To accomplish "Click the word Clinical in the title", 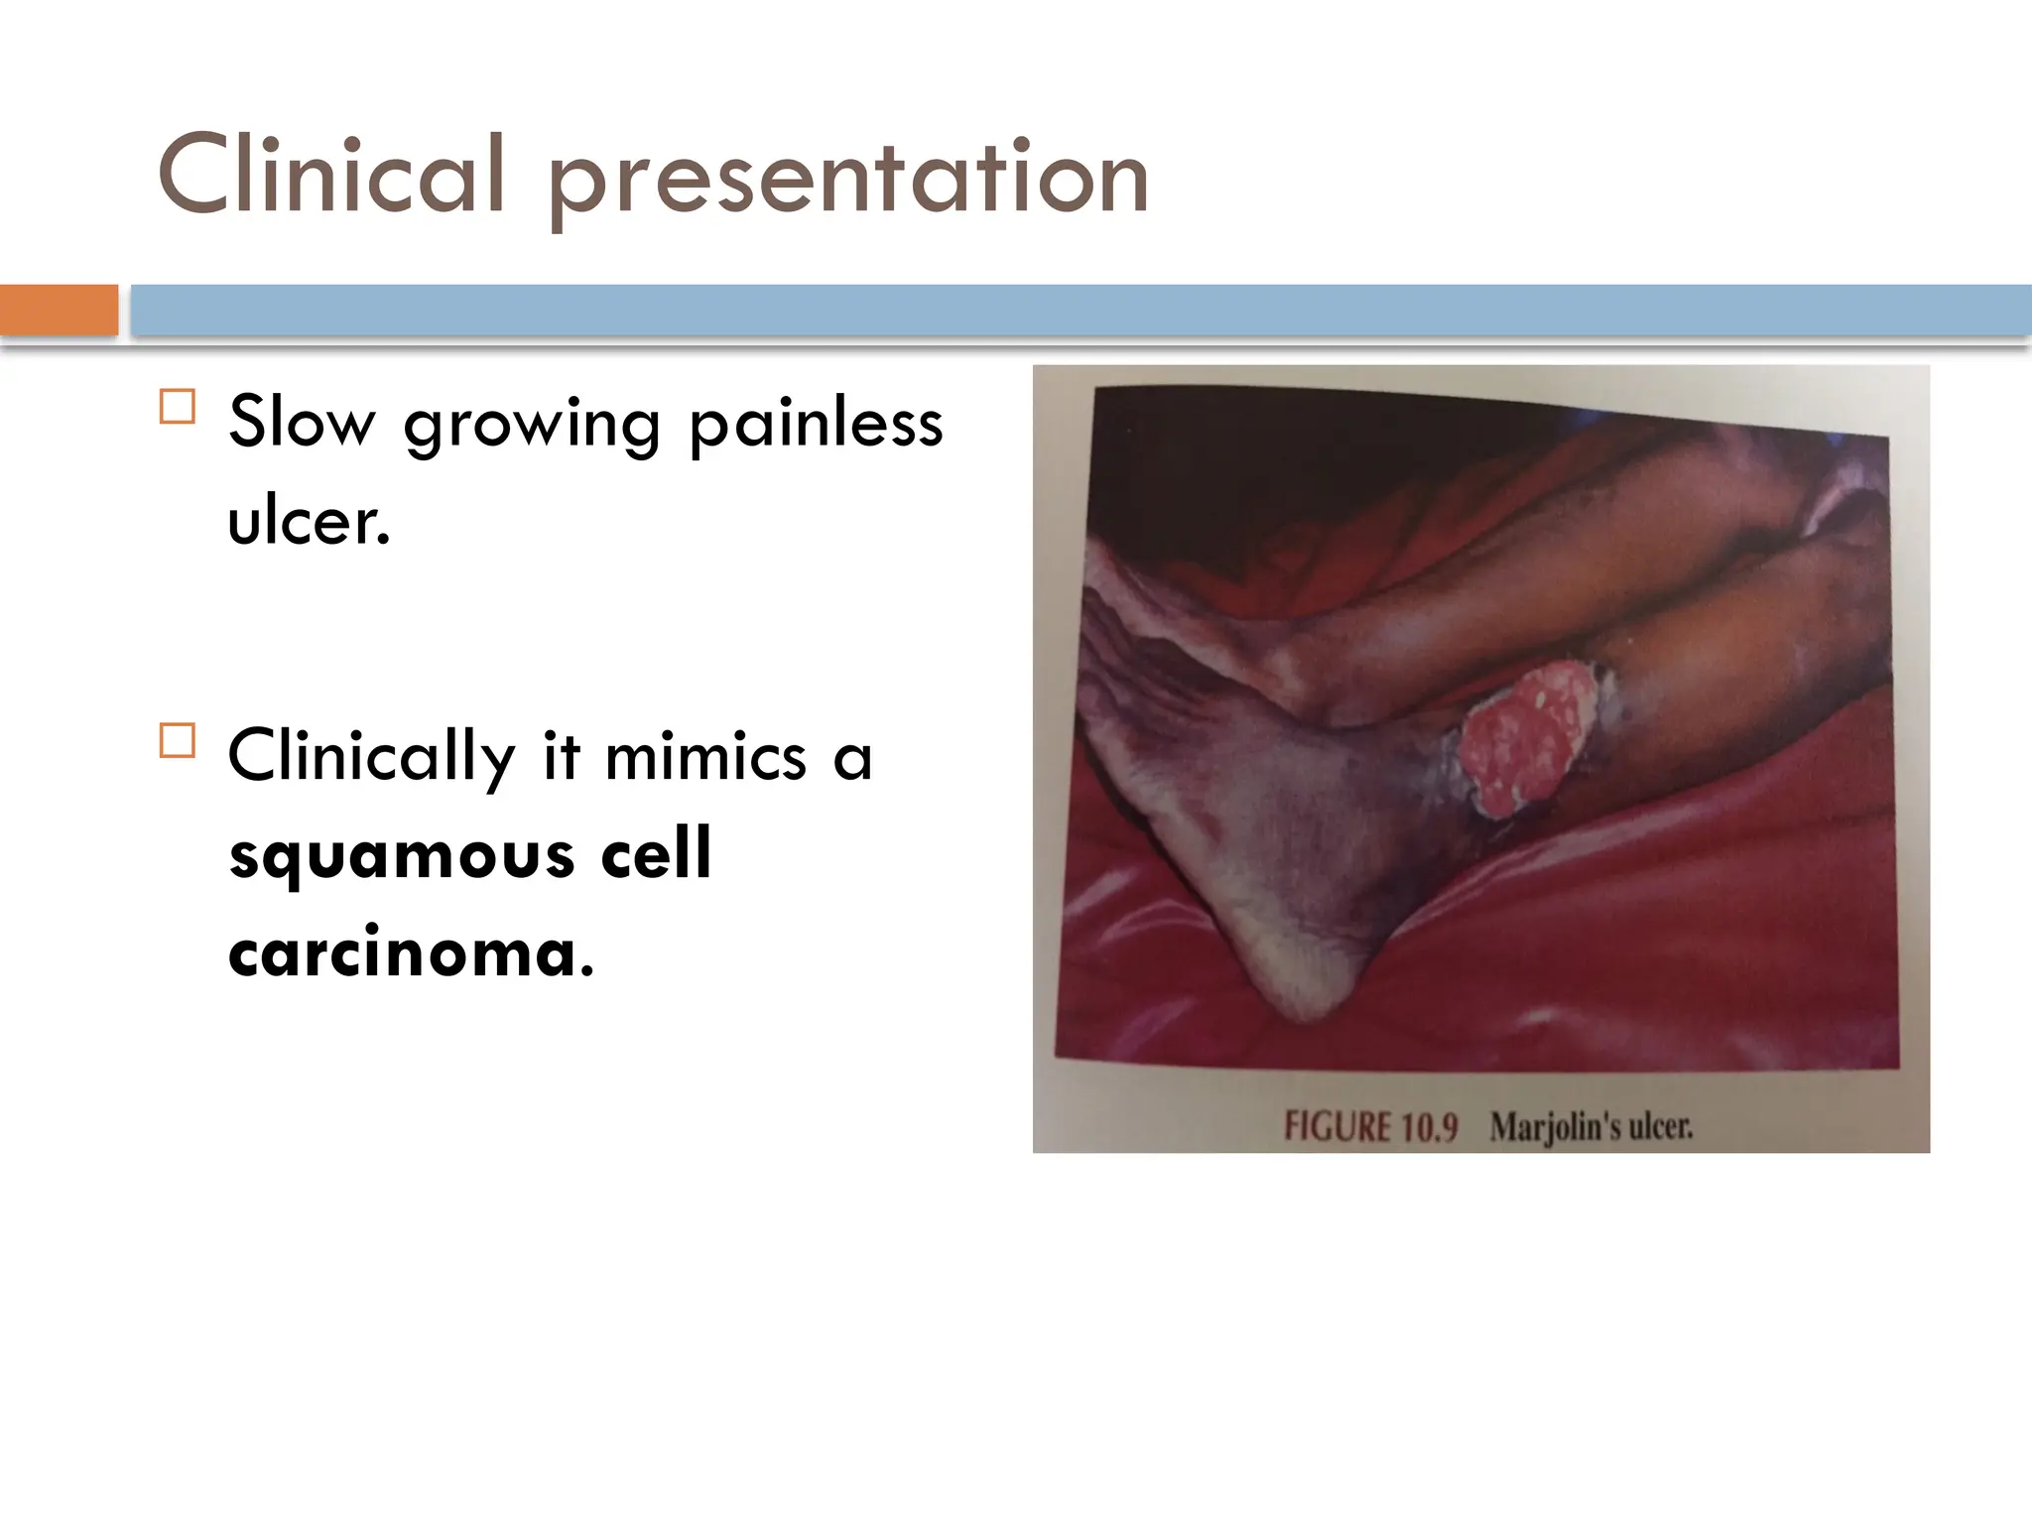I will (x=332, y=176).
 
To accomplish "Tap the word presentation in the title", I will (x=848, y=179).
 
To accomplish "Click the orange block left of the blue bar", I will (x=59, y=311).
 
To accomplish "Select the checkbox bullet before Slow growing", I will (x=178, y=407).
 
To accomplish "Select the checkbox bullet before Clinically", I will (x=178, y=741).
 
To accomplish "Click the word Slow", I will (x=302, y=423).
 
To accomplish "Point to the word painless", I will (x=815, y=423).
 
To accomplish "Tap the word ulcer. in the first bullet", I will (x=309, y=521).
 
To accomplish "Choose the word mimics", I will (x=705, y=757).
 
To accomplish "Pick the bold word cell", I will (x=656, y=854).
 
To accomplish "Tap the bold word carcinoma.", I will (x=410, y=952).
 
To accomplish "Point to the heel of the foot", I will (x=1300, y=992).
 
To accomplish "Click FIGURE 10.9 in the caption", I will (x=1370, y=1127).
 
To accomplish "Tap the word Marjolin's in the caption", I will (x=1555, y=1128).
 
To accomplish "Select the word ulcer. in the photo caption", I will (x=1661, y=1127).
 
